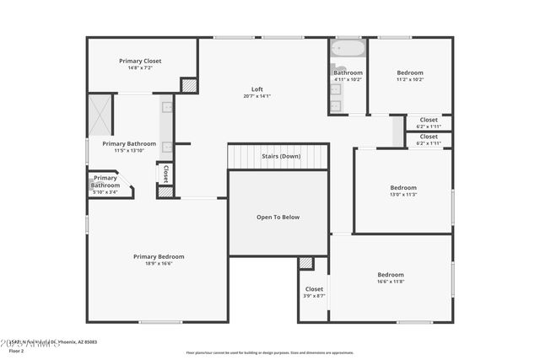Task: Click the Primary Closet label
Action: pos(140,61)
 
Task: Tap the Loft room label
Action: pos(257,89)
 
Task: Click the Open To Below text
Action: pos(278,217)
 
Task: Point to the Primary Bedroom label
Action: pos(159,256)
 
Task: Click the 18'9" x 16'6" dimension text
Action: pos(159,263)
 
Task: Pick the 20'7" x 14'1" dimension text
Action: pos(257,96)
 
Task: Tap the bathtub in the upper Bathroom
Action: pos(348,48)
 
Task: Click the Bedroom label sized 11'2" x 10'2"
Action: pos(410,73)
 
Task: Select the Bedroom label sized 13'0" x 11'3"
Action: pos(403,187)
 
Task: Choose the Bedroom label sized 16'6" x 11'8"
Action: pos(391,275)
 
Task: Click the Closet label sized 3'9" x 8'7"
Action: pos(314,289)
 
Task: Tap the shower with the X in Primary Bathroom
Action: pos(100,115)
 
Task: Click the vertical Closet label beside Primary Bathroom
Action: pos(165,174)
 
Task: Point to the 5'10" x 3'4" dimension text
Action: pos(105,192)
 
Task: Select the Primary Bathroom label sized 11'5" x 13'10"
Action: pos(129,143)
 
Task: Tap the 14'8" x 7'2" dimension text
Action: pos(140,67)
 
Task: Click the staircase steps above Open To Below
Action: pos(278,157)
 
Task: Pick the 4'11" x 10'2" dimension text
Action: pos(348,79)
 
